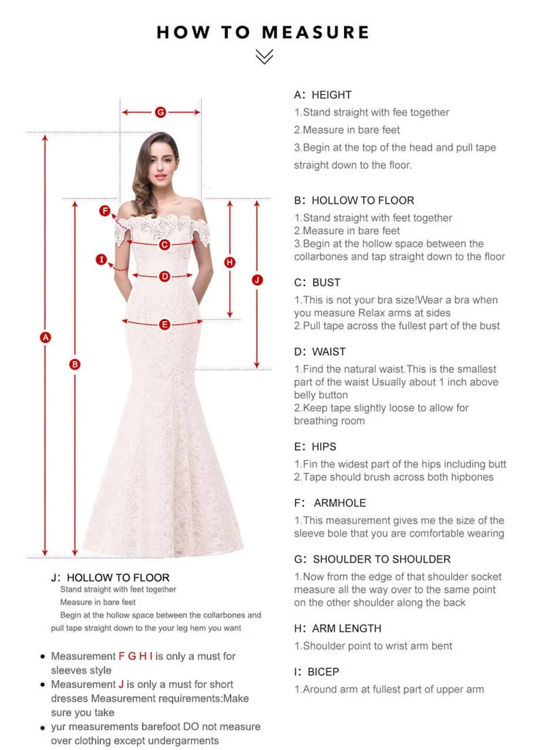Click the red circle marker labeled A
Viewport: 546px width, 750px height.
pyautogui.click(x=46, y=337)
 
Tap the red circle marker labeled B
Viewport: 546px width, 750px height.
pyautogui.click(x=75, y=364)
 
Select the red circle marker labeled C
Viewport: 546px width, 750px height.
pyautogui.click(x=164, y=244)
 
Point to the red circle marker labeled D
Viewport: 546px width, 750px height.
pyautogui.click(x=164, y=276)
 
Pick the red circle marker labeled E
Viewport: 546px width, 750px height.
pyautogui.click(x=164, y=325)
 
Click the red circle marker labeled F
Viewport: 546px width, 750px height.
pyautogui.click(x=105, y=211)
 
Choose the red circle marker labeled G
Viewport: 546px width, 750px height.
pyautogui.click(x=160, y=112)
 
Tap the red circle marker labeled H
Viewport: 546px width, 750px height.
pyautogui.click(x=230, y=262)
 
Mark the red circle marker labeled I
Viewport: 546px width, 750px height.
pyautogui.click(x=102, y=259)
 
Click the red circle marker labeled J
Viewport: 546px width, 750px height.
pyautogui.click(x=257, y=280)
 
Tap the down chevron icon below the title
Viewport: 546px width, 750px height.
pyautogui.click(x=263, y=57)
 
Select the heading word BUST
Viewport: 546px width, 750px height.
pyautogui.click(x=326, y=282)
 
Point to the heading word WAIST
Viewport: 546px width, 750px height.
pyautogui.click(x=329, y=352)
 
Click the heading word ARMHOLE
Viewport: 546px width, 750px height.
pyautogui.click(x=340, y=503)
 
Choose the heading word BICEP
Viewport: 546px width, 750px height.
pyautogui.click(x=323, y=672)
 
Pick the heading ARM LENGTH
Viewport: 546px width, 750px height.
pyautogui.click(x=347, y=629)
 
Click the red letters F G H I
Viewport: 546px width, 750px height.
pyautogui.click(x=136, y=656)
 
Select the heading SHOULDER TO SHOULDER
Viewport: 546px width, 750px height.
pyautogui.click(x=382, y=559)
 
